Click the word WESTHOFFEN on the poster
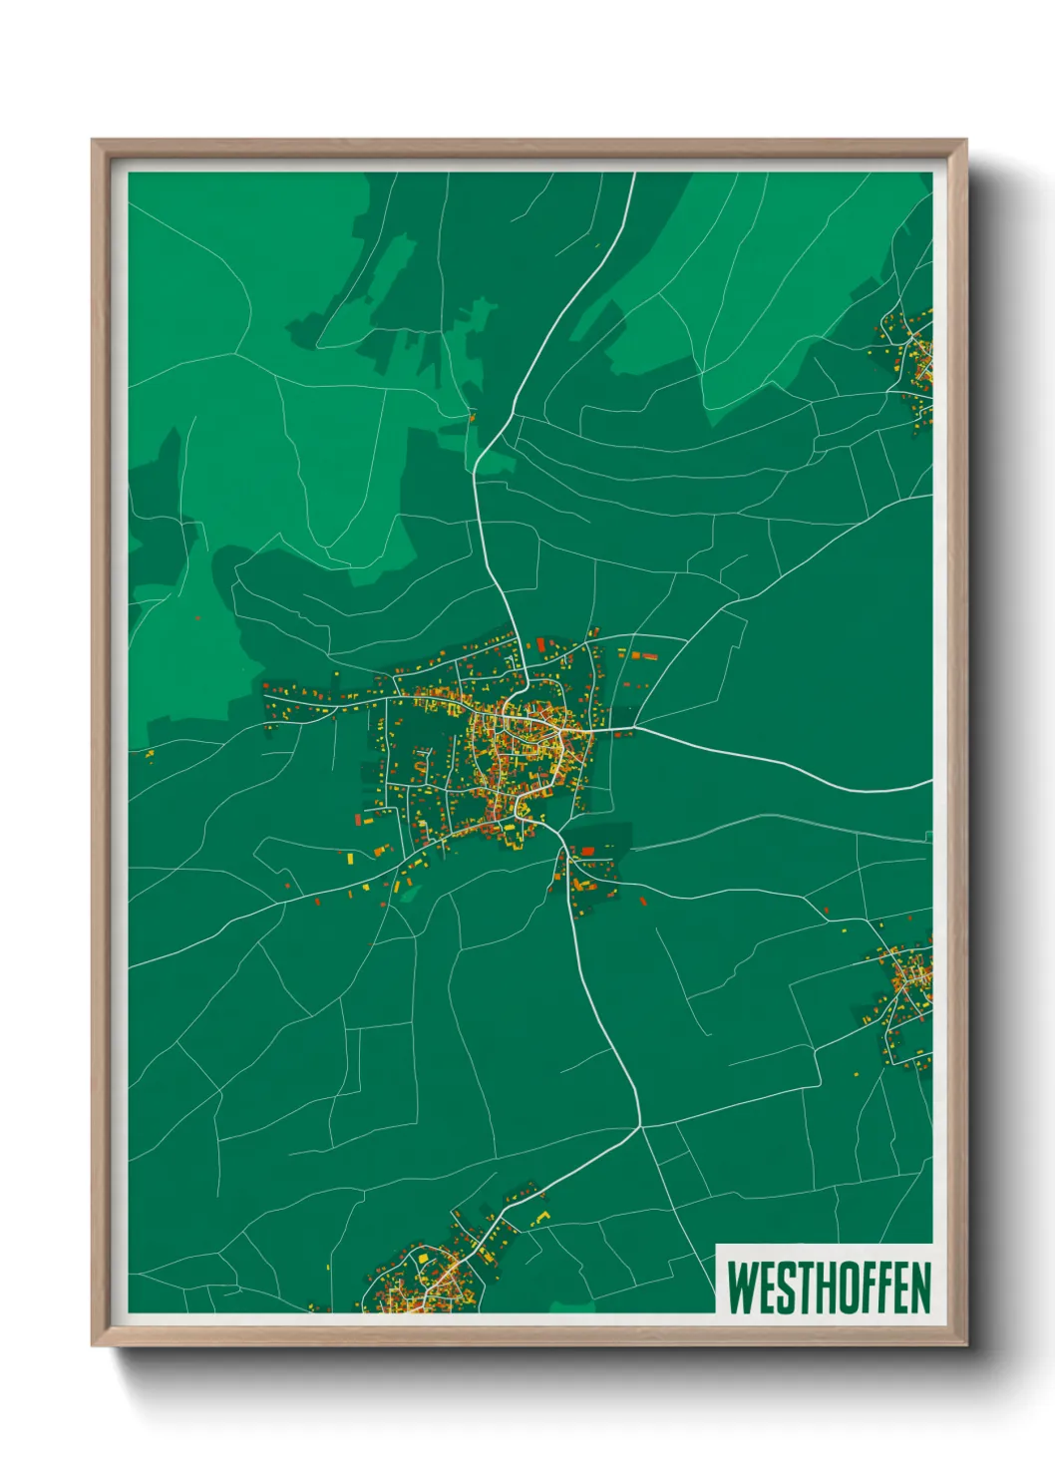(x=828, y=1288)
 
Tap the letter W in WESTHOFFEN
(x=743, y=1288)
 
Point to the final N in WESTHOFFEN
(x=920, y=1288)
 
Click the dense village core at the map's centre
(x=519, y=738)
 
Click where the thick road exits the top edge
(x=633, y=175)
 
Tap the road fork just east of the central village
(x=638, y=727)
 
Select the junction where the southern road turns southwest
(x=639, y=1127)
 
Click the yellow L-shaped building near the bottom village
(x=543, y=1217)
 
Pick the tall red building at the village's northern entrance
(x=540, y=646)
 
